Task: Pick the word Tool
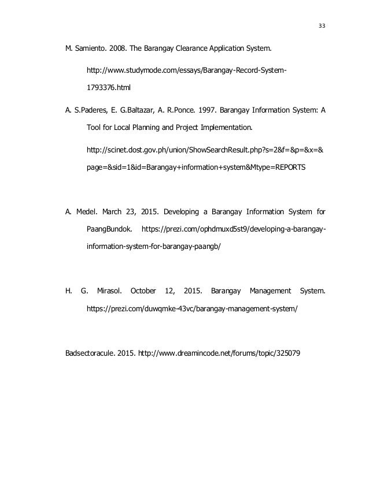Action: [94, 126]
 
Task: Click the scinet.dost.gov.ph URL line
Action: [204, 150]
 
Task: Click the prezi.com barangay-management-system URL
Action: [192, 309]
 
